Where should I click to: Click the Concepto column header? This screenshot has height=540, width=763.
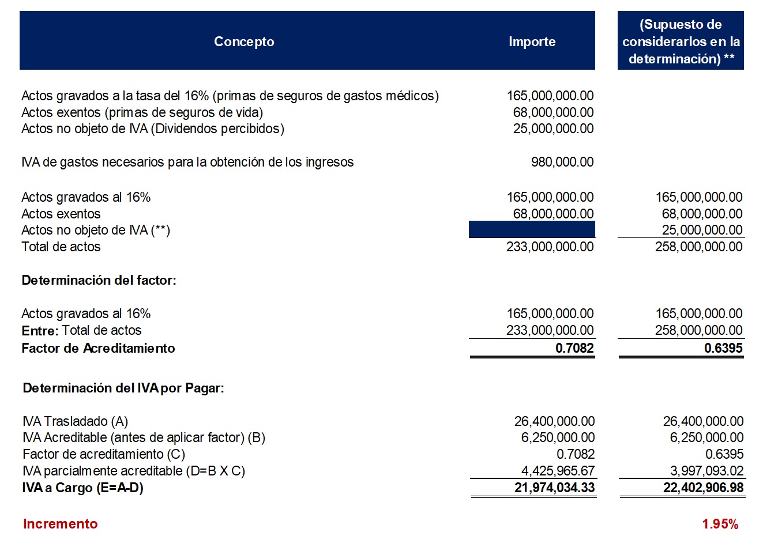(244, 41)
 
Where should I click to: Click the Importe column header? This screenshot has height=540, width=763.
(532, 41)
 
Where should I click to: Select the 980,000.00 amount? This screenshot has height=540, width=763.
(562, 162)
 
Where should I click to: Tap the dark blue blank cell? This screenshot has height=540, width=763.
(532, 230)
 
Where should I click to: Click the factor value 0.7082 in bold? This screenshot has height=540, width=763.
(574, 348)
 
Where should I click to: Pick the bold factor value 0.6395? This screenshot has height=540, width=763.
(723, 348)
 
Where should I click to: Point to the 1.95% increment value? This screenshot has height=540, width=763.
(720, 524)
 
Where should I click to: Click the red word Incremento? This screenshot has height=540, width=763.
(60, 524)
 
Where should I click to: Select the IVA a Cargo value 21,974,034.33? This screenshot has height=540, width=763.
(554, 488)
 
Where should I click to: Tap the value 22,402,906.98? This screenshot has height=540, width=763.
(703, 488)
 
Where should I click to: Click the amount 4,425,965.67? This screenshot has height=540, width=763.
(558, 471)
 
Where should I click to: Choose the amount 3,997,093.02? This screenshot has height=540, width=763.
(706, 471)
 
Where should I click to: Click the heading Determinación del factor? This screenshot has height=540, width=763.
(99, 280)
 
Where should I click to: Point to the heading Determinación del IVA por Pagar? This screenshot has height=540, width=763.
(123, 388)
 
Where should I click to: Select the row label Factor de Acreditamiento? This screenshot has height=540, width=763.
(98, 348)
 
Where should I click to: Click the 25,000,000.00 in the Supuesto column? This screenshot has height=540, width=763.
(702, 230)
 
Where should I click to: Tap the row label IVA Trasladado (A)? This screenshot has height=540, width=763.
(75, 421)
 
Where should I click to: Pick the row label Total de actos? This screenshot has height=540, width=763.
(61, 247)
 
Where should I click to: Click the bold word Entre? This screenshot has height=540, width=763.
(40, 331)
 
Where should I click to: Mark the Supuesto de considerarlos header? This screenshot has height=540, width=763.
(681, 41)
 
